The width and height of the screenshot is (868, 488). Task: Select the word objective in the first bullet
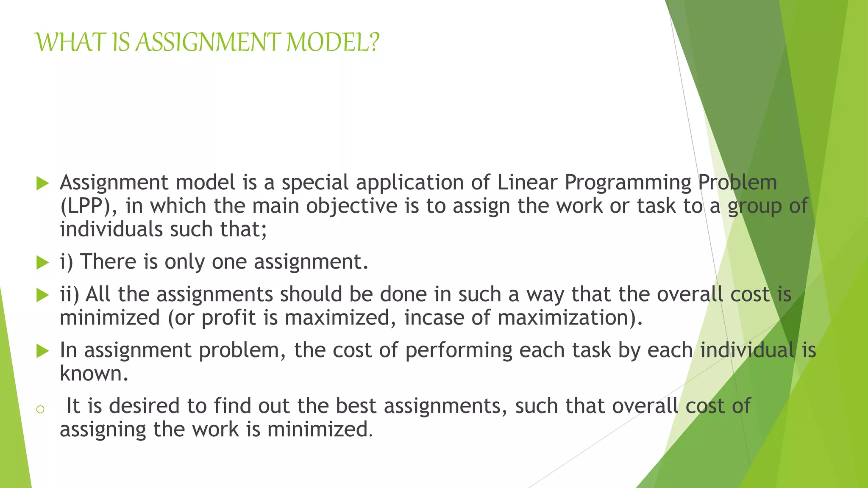(x=352, y=206)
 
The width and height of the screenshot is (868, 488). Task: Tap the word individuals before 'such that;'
(x=111, y=229)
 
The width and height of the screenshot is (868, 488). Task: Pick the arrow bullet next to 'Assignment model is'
(x=43, y=183)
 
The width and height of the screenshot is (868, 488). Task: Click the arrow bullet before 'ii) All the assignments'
(x=43, y=295)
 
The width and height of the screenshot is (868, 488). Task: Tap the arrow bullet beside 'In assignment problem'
(x=43, y=351)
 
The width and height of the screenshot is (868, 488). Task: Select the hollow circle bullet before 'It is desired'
(x=40, y=409)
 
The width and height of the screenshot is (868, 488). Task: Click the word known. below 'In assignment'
(x=94, y=374)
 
